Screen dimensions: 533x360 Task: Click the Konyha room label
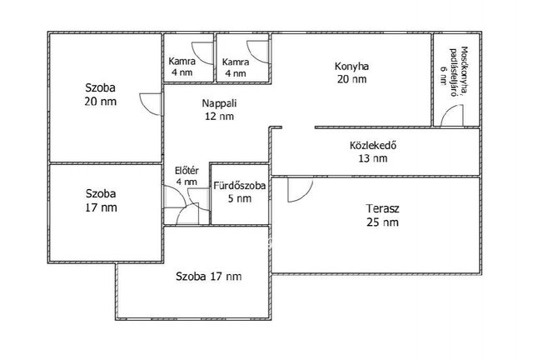pyautogui.click(x=351, y=66)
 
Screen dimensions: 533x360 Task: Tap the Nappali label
pyautogui.click(x=219, y=103)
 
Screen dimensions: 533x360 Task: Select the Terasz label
pyautogui.click(x=382, y=208)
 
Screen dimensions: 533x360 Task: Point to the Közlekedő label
pyautogui.click(x=373, y=145)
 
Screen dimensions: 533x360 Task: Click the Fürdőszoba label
pyautogui.click(x=240, y=186)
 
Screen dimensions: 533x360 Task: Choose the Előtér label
pyautogui.click(x=187, y=171)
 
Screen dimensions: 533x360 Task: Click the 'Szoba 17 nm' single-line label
pyautogui.click(x=209, y=277)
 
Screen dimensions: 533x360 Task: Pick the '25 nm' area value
pyautogui.click(x=382, y=222)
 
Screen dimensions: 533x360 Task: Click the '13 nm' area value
pyautogui.click(x=373, y=158)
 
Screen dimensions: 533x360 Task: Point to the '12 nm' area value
pyautogui.click(x=219, y=117)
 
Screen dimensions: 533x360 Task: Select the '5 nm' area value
pyautogui.click(x=240, y=198)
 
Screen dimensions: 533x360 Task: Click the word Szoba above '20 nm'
pyautogui.click(x=100, y=87)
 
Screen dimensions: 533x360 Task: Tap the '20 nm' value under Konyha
pyautogui.click(x=351, y=79)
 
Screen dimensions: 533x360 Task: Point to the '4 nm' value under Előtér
pyautogui.click(x=187, y=182)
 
